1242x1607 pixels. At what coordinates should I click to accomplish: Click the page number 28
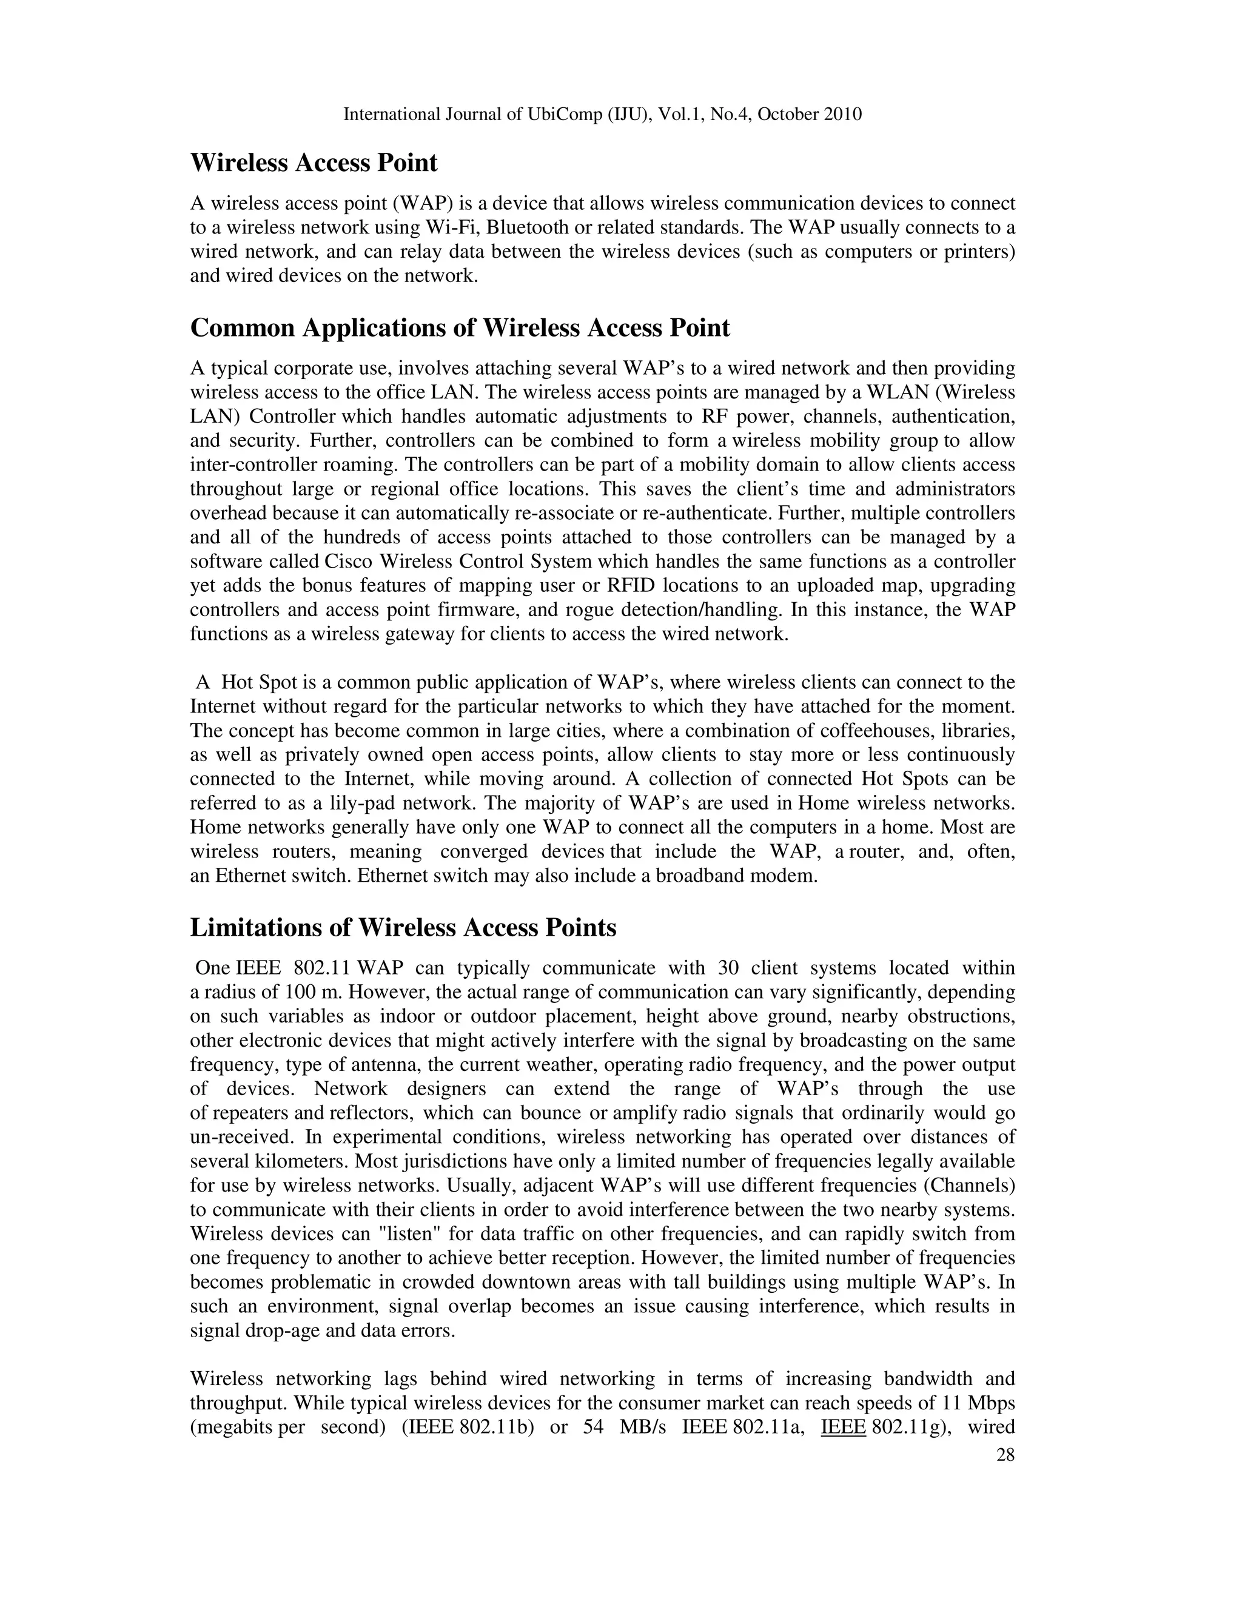click(1005, 1455)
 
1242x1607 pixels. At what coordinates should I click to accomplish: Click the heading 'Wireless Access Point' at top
click(314, 163)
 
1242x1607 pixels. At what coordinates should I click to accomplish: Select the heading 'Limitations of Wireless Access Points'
click(403, 927)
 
